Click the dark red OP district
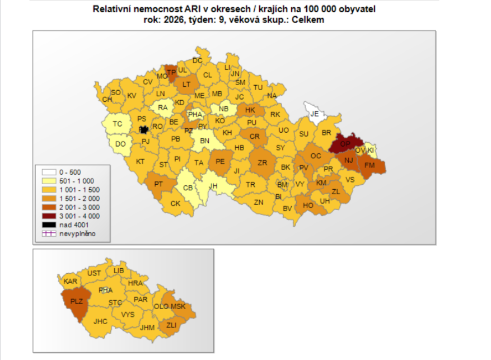pos(345,143)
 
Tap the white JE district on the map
pos(315,114)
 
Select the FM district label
pos(370,166)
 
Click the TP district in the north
pos(171,72)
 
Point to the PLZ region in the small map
pos(76,301)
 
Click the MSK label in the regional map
pos(178,307)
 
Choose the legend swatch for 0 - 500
pos(48,172)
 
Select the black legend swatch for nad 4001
pos(48,225)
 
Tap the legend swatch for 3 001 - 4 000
pos(48,216)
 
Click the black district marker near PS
pos(144,129)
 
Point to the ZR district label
pos(262,163)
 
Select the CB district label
pos(189,188)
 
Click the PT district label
pos(158,184)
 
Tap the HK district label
pos(250,110)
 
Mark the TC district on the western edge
pos(118,124)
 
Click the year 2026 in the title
pos(174,19)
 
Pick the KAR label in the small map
pos(71,281)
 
